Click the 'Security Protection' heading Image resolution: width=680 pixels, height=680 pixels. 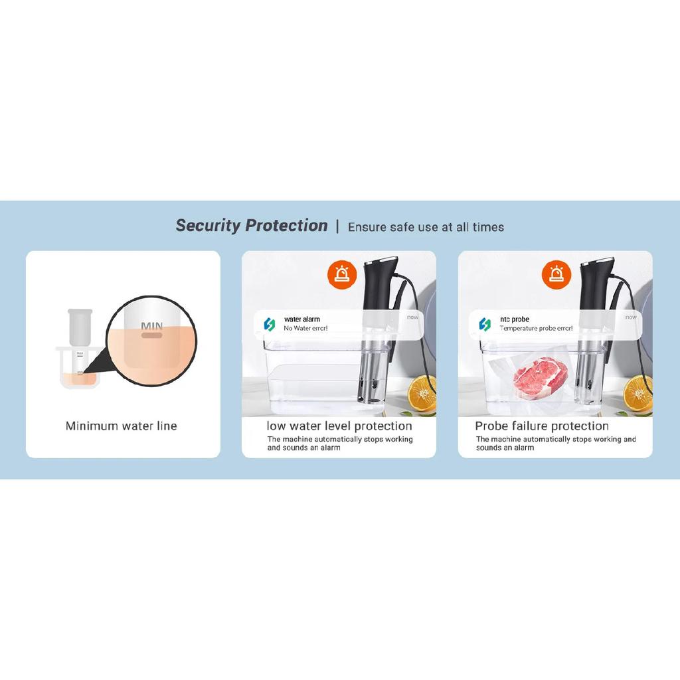point(252,226)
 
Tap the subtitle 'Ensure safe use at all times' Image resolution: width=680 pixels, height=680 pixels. point(426,227)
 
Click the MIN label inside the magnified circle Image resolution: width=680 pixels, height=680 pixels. point(152,325)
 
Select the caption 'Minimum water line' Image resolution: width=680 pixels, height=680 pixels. point(122,426)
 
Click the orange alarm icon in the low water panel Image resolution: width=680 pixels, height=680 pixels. point(342,274)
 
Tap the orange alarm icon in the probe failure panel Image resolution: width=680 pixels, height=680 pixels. point(556,274)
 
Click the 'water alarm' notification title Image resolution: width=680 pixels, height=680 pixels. point(302,319)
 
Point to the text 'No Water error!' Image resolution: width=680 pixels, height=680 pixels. point(305,328)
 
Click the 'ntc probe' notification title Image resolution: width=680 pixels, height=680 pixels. point(515,319)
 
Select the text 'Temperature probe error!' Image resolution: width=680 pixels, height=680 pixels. point(536,328)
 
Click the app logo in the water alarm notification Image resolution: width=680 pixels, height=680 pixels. point(270,324)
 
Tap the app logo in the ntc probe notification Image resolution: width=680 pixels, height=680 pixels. point(485,324)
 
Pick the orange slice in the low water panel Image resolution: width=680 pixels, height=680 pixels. point(422,393)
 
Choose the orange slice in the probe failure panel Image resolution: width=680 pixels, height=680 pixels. point(638,393)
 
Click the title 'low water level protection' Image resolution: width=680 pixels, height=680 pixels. point(339,426)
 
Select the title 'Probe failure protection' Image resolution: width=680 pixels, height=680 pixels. point(542,426)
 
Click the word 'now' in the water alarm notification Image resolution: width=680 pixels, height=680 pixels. point(413,317)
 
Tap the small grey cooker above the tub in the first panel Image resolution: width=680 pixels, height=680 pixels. point(80,328)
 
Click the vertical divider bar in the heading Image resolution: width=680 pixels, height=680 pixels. point(337,227)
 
